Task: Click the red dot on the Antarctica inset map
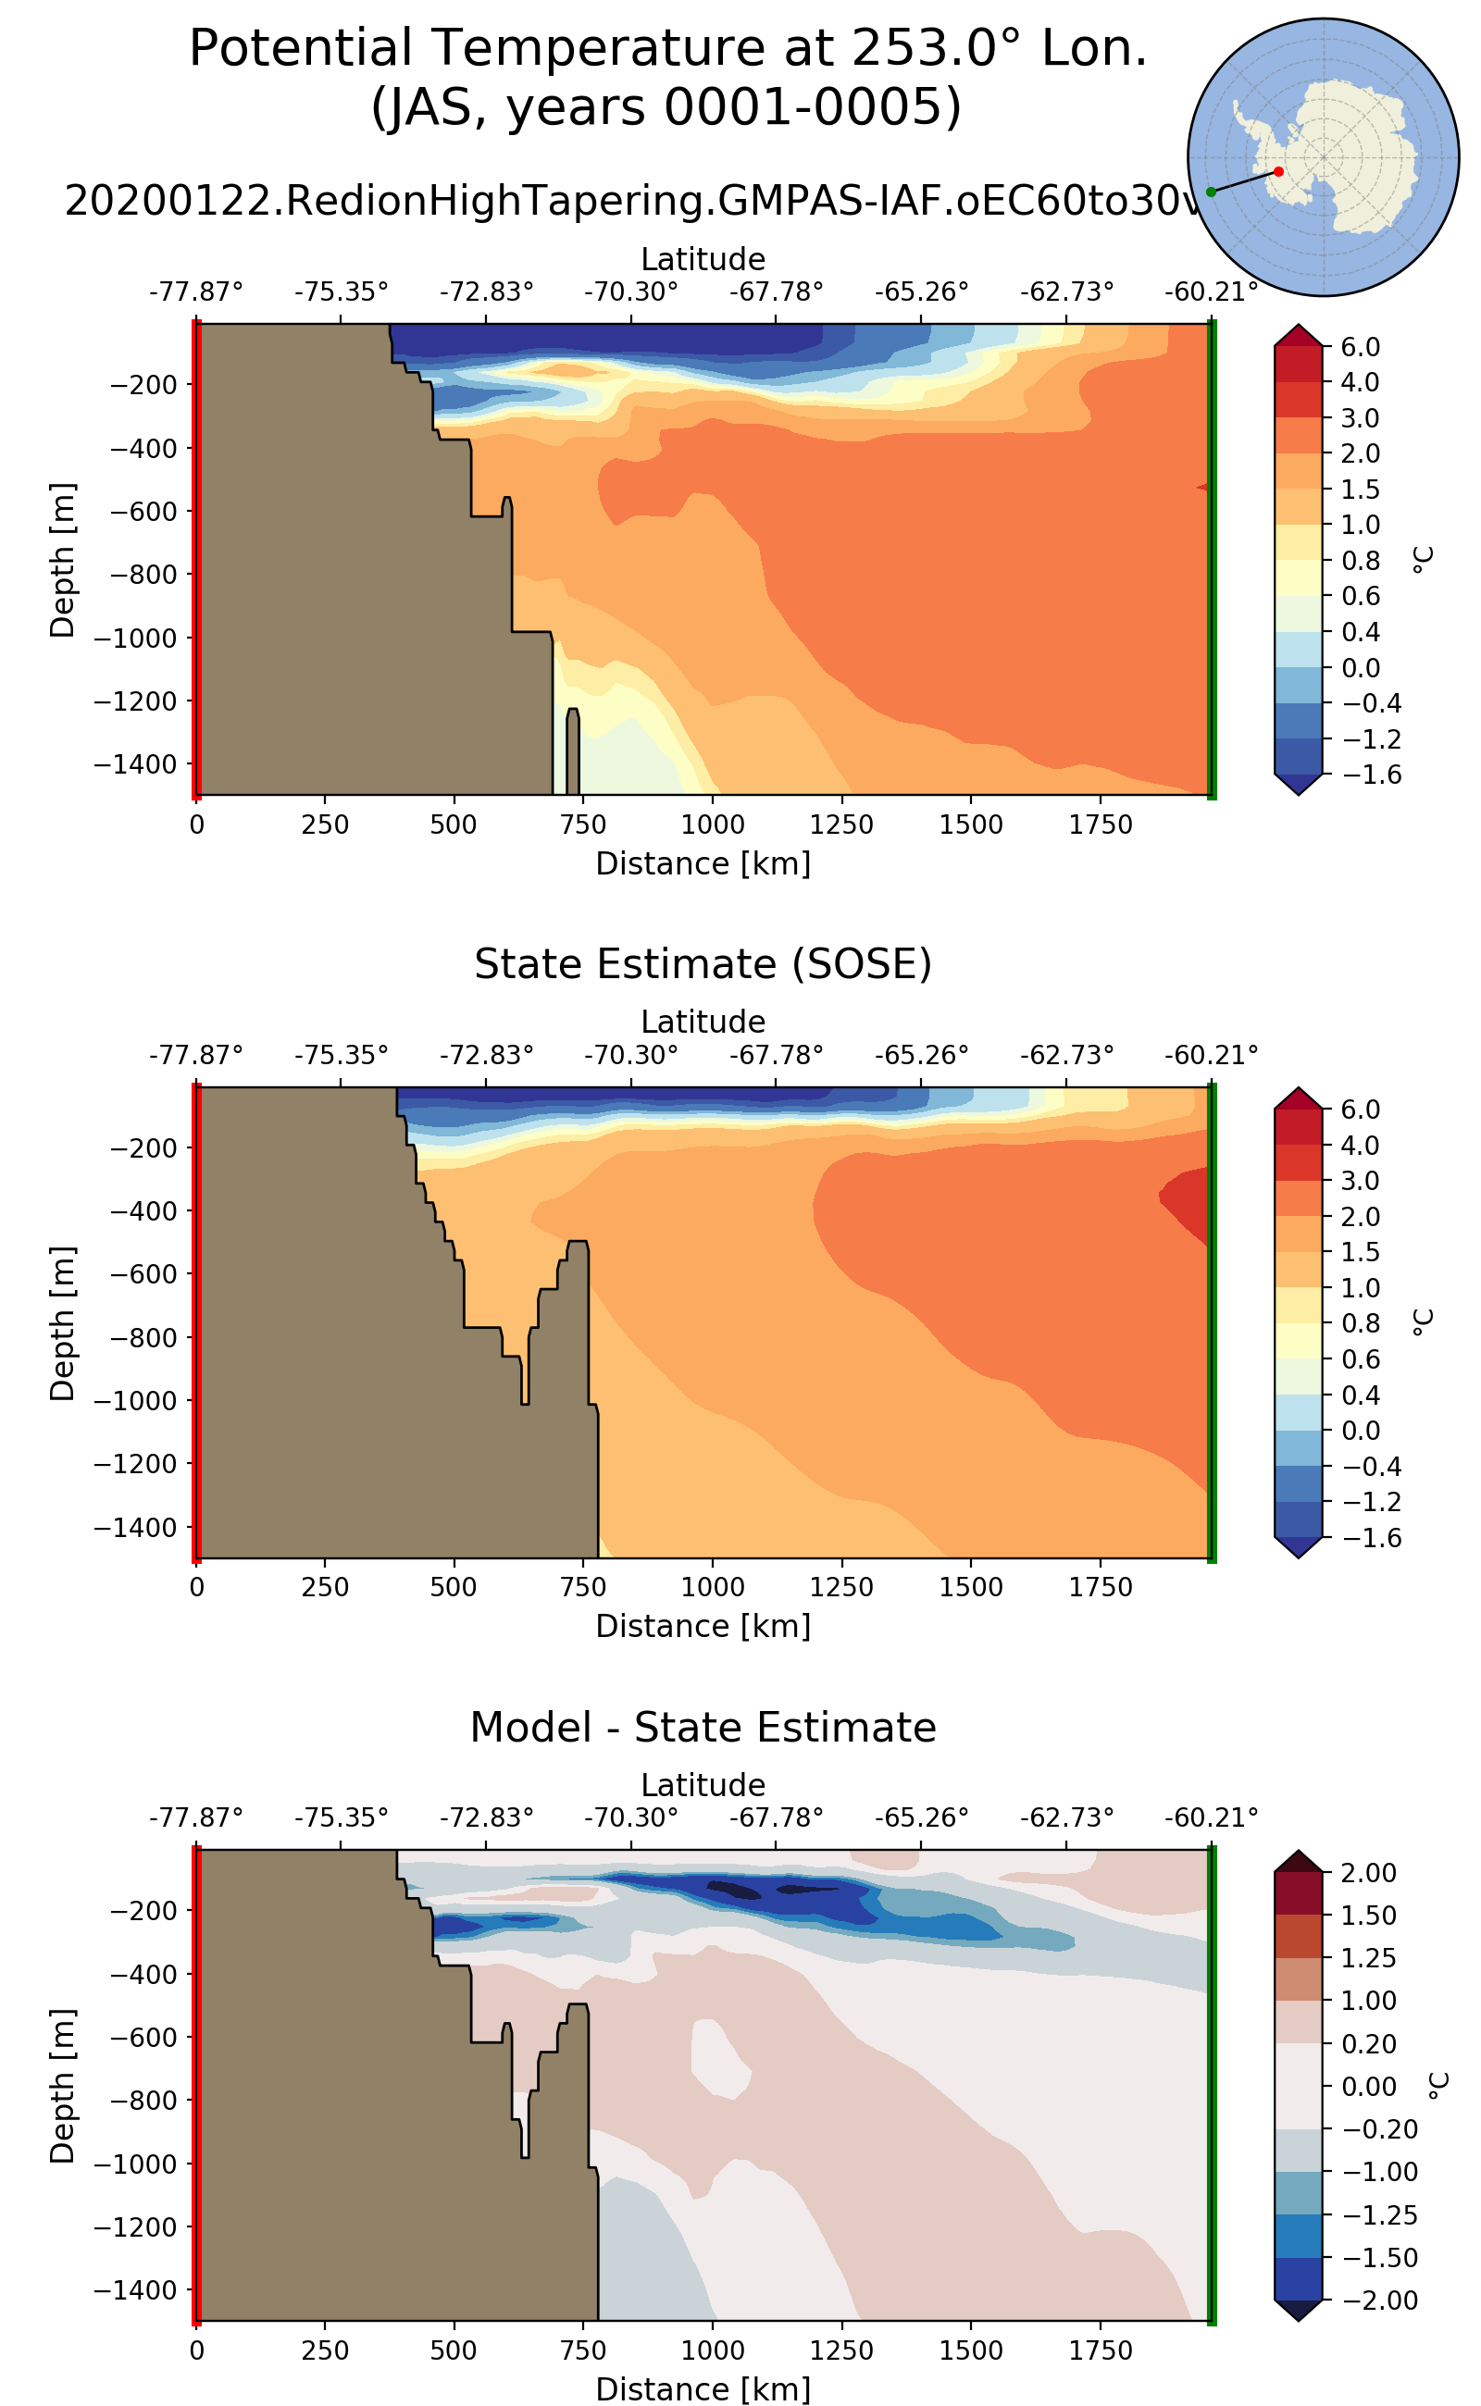(x=1278, y=171)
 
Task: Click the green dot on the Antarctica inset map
(x=1211, y=192)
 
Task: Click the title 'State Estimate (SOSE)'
(x=703, y=964)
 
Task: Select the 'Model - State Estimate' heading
(x=703, y=1728)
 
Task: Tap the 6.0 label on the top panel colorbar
(x=1360, y=347)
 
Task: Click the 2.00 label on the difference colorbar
(x=1367, y=1872)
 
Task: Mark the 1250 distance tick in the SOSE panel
(x=841, y=1587)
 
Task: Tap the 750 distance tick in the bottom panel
(x=583, y=2350)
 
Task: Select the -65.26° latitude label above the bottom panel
(x=921, y=1817)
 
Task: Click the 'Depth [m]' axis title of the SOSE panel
(x=63, y=1323)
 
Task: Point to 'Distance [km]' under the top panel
(x=703, y=863)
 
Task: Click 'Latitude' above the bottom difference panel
(x=703, y=1784)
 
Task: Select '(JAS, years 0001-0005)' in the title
(x=666, y=107)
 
